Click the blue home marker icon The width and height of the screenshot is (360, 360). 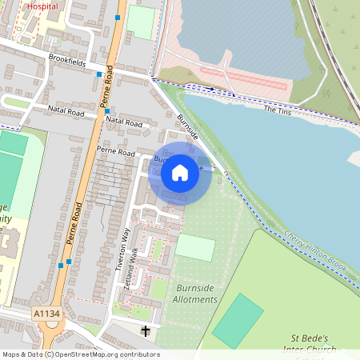[180, 173]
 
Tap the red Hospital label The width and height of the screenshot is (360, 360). [42, 6]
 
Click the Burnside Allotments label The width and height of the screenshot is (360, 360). [195, 294]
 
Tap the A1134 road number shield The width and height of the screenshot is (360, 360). [48, 314]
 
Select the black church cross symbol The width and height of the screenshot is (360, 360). [146, 330]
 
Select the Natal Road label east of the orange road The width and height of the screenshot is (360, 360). [123, 122]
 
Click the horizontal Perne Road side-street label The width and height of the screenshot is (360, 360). [117, 150]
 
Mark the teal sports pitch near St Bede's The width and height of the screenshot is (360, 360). [237, 320]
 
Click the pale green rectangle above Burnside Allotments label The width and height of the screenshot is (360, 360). [194, 247]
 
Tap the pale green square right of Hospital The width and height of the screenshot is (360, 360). [141, 22]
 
